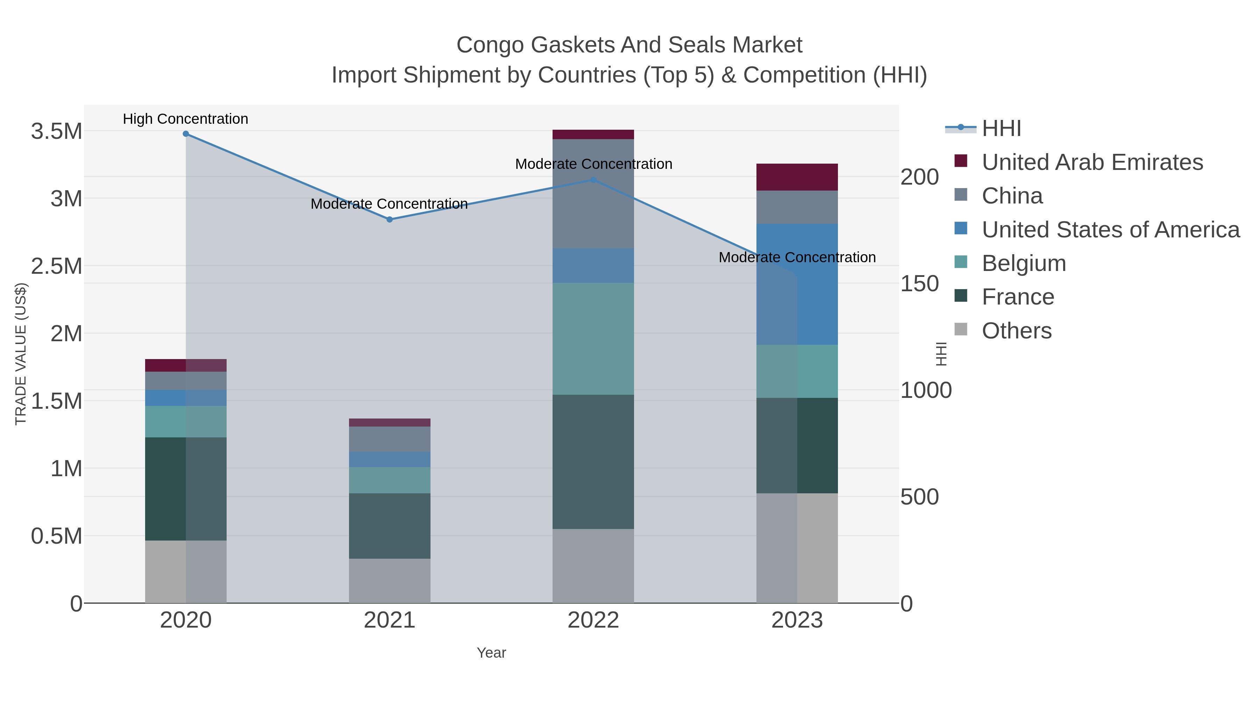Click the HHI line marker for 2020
click(x=186, y=134)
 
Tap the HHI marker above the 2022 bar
click(x=593, y=180)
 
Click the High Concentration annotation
click(x=185, y=119)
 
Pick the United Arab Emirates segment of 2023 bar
click(x=797, y=177)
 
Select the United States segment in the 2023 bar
click(x=797, y=284)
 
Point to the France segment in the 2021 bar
click(x=390, y=526)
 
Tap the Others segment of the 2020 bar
click(x=186, y=572)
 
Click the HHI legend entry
click(x=1001, y=129)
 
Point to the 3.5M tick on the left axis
click(x=56, y=131)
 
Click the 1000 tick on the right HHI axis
click(x=926, y=391)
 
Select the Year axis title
click(x=491, y=653)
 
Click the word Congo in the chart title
click(x=490, y=45)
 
